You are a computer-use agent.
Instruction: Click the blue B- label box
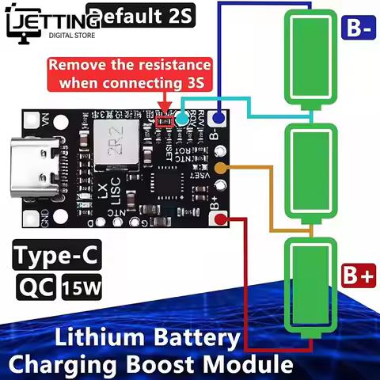(x=358, y=28)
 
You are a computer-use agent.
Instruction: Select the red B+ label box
(x=358, y=277)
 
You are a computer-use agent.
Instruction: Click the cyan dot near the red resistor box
(x=183, y=119)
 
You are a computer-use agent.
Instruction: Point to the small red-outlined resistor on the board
(x=165, y=120)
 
